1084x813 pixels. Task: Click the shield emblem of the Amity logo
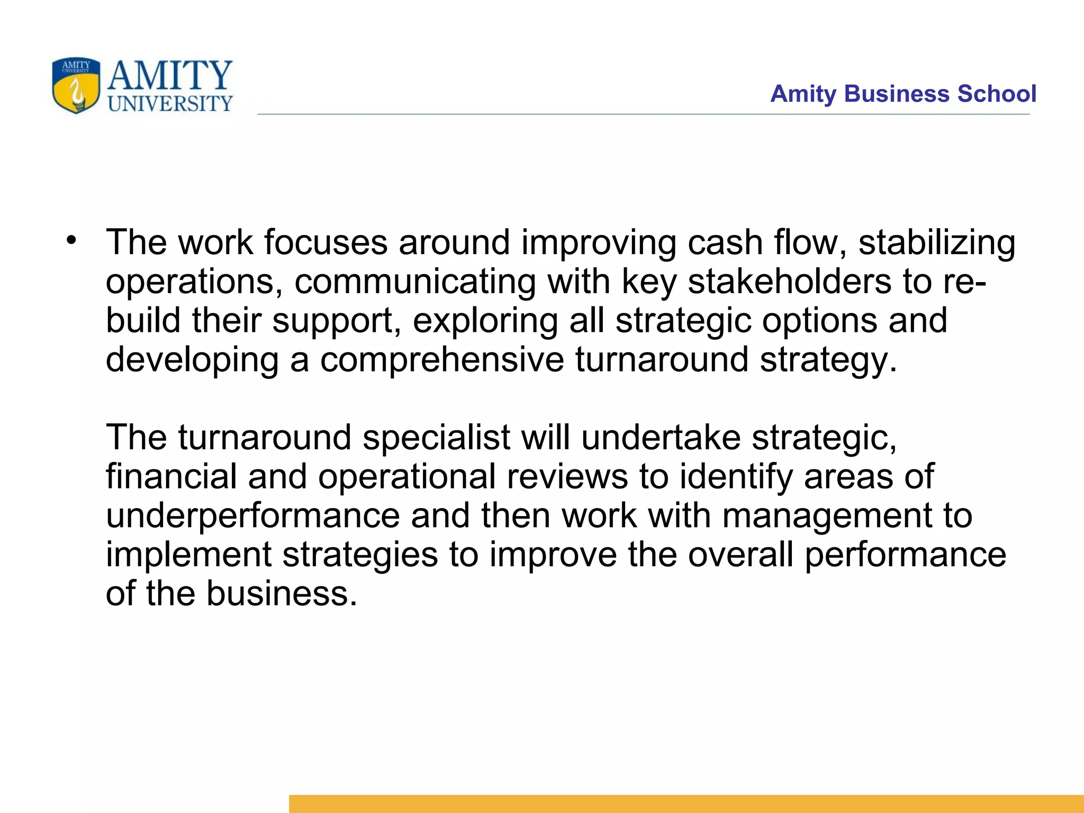[76, 86]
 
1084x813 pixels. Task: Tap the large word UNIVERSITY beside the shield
[170, 104]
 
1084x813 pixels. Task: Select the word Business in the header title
[897, 94]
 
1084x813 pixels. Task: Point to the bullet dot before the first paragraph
[71, 241]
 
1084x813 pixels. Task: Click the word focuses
[326, 242]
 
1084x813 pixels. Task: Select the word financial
[171, 476]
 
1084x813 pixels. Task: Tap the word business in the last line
[281, 594]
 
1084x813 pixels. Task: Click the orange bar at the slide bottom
[686, 803]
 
